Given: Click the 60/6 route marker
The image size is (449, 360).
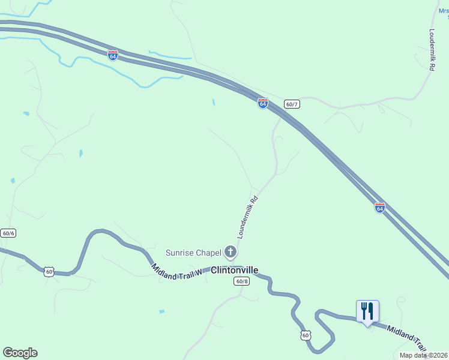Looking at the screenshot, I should (x=8, y=233).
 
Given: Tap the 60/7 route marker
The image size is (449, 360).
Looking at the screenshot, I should (x=292, y=104).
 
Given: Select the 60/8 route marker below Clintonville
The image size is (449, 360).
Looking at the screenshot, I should (x=241, y=281).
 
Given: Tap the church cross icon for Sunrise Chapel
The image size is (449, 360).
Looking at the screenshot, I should (x=231, y=251).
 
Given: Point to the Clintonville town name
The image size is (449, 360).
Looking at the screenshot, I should (x=234, y=270).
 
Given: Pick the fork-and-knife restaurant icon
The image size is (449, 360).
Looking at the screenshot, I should (x=367, y=311).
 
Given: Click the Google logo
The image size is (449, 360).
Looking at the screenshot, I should (x=20, y=353).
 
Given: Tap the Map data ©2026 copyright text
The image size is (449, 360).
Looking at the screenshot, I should (x=423, y=355).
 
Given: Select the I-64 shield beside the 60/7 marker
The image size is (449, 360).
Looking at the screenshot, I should (x=263, y=103).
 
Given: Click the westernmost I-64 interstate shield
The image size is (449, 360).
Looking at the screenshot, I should (x=113, y=55).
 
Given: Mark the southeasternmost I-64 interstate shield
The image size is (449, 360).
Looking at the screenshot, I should (x=379, y=208).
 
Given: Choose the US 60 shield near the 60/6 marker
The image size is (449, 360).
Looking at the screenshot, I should (x=49, y=272).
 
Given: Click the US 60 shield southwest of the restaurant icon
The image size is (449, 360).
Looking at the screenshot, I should (x=306, y=335).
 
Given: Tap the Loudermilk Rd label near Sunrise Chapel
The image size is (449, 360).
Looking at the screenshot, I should (x=247, y=217).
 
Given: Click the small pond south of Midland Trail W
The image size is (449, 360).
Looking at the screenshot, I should (x=161, y=311).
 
